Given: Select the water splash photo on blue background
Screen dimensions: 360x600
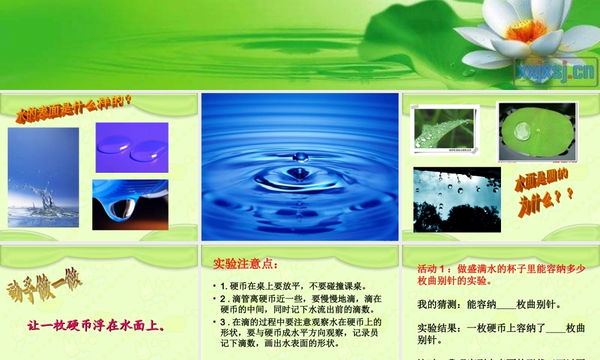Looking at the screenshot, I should [43, 177].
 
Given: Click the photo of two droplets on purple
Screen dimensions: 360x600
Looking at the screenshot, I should [132, 147].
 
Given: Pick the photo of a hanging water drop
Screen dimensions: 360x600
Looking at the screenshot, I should [130, 205].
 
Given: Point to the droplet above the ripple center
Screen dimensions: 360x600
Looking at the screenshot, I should [301, 157].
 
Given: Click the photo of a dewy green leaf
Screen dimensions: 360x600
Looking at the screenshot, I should [445, 127].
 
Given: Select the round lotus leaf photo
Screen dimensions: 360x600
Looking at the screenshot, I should [537, 131].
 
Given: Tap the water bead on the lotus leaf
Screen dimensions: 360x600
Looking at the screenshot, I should [523, 131].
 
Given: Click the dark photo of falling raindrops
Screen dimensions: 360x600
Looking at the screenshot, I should [457, 199].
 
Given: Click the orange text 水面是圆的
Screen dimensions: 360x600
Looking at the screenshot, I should [542, 180].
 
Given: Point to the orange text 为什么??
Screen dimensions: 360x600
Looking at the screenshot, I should [546, 200].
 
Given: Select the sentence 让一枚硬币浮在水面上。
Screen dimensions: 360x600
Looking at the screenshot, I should [96, 326].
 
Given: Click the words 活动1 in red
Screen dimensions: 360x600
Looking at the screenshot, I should [433, 269].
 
